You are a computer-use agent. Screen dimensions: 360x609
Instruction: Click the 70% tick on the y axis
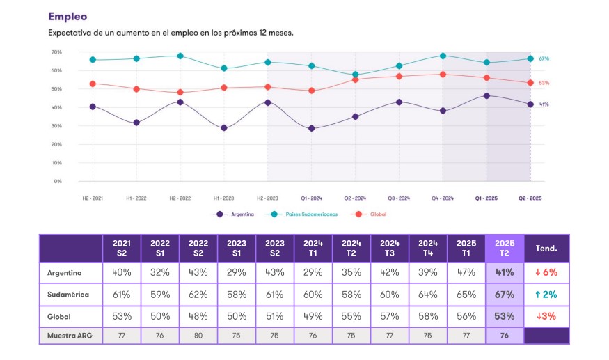57,52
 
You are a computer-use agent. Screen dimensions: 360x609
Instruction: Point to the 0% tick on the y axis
58,181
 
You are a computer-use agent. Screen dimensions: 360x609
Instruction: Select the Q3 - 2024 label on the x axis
399,198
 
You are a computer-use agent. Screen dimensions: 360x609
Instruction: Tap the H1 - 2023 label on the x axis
223,198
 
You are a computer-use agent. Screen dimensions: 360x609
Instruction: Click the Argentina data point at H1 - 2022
136,123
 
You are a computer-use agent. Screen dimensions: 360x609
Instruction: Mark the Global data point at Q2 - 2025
530,83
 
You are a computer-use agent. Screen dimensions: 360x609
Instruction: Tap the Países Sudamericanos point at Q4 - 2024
443,56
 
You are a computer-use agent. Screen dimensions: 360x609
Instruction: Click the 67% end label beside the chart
544,59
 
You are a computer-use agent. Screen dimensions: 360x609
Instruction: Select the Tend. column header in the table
546,249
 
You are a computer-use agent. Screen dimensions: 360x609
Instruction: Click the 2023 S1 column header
237,249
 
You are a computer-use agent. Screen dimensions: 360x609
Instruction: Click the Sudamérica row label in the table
68,295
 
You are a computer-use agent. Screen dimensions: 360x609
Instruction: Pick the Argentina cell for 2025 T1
466,273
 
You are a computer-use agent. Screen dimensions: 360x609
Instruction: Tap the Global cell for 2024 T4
428,315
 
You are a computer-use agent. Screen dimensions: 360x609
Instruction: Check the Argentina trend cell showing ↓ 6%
546,273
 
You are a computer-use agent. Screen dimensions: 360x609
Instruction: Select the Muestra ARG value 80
198,336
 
